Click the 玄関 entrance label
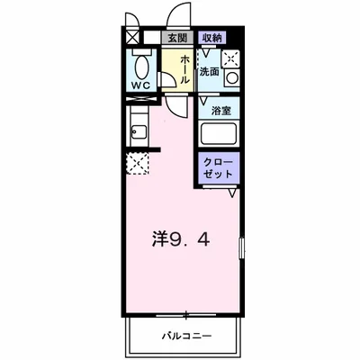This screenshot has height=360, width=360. coord(177,38)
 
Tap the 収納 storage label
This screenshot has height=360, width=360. coord(211,38)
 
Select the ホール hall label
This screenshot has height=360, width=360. coord(184,70)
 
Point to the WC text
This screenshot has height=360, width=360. coord(141,85)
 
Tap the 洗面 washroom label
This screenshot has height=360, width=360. coord(209,72)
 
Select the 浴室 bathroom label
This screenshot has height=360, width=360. coord(221,111)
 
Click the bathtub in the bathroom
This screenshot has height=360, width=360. coord(219,134)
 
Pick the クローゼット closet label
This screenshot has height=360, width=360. coord(218,168)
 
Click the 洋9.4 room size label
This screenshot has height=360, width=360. coord(180,239)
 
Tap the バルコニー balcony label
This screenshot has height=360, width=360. coord(187,336)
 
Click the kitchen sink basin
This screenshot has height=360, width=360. coord(139,132)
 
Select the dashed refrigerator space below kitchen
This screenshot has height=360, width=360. coord(137,163)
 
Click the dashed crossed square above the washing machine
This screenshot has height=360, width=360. coord(230,58)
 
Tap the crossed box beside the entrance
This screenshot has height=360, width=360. coord(132,38)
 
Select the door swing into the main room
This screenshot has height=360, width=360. coord(175,107)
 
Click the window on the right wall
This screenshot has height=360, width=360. coord(242,247)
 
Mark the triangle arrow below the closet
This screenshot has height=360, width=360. coord(232,193)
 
